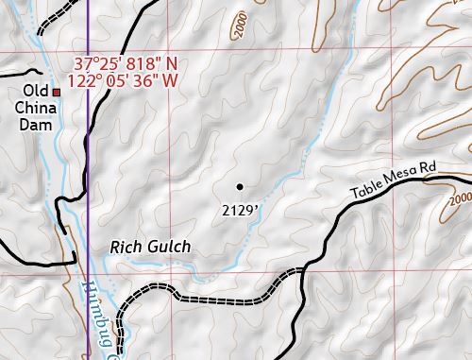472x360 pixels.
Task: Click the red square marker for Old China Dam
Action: pos(57,92)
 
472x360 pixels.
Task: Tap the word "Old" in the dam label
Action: pos(37,91)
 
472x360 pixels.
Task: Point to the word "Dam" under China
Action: pos(37,125)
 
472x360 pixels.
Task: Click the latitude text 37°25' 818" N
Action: pos(125,65)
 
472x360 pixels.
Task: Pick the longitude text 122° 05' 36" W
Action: pos(125,81)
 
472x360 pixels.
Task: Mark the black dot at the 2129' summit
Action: pos(240,186)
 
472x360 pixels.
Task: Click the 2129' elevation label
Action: pos(240,209)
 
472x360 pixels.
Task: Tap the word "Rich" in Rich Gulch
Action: pos(126,248)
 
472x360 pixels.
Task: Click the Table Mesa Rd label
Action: pos(395,180)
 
